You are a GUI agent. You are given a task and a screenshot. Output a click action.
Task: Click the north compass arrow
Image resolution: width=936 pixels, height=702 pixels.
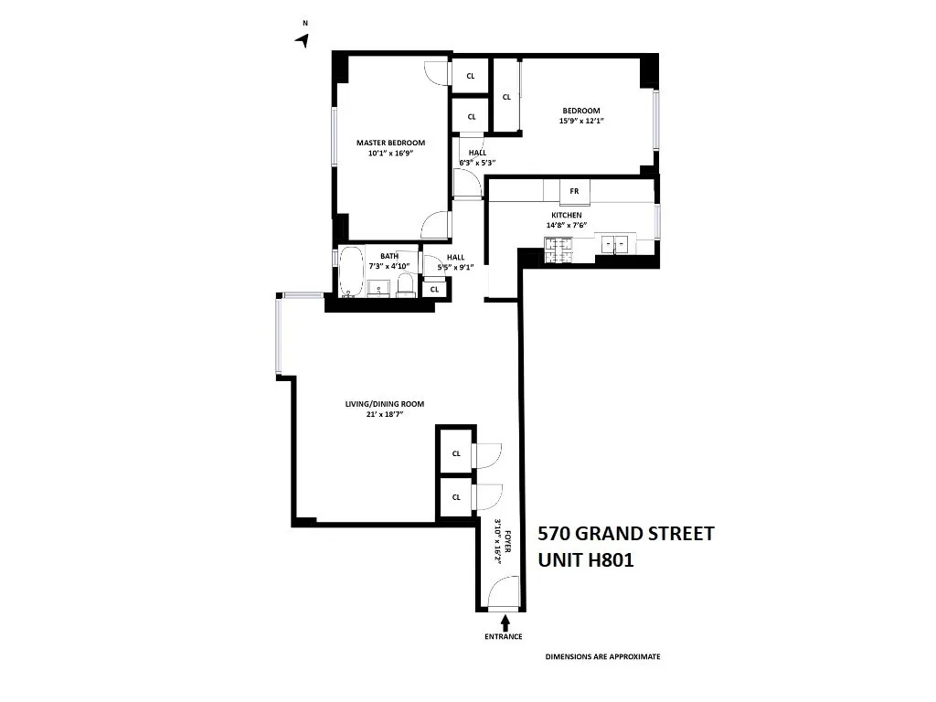point(303,39)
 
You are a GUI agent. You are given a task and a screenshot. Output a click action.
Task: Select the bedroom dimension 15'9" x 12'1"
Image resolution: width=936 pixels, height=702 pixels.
point(582,121)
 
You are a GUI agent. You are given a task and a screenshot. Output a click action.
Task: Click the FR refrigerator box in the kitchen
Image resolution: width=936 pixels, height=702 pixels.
point(574,191)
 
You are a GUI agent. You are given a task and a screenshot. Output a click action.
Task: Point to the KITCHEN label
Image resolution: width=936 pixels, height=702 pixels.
point(566,215)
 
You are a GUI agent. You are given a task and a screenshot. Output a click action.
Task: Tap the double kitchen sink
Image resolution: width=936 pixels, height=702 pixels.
point(613,244)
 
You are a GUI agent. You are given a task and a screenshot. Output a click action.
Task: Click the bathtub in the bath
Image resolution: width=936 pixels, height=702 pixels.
point(350,273)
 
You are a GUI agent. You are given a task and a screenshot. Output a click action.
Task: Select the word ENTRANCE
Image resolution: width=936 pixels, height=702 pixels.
point(504,636)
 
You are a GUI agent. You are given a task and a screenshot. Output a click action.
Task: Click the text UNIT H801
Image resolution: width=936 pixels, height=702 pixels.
point(585,558)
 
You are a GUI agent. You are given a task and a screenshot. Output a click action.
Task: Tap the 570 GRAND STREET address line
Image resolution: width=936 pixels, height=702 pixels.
point(625,534)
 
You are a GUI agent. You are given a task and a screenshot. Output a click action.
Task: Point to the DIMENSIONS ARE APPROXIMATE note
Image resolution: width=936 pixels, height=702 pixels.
point(602,656)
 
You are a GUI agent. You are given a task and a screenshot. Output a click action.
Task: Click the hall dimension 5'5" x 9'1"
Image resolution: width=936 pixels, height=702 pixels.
point(455,268)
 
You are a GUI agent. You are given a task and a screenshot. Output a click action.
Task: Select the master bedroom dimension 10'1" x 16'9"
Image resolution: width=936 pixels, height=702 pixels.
point(390,154)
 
